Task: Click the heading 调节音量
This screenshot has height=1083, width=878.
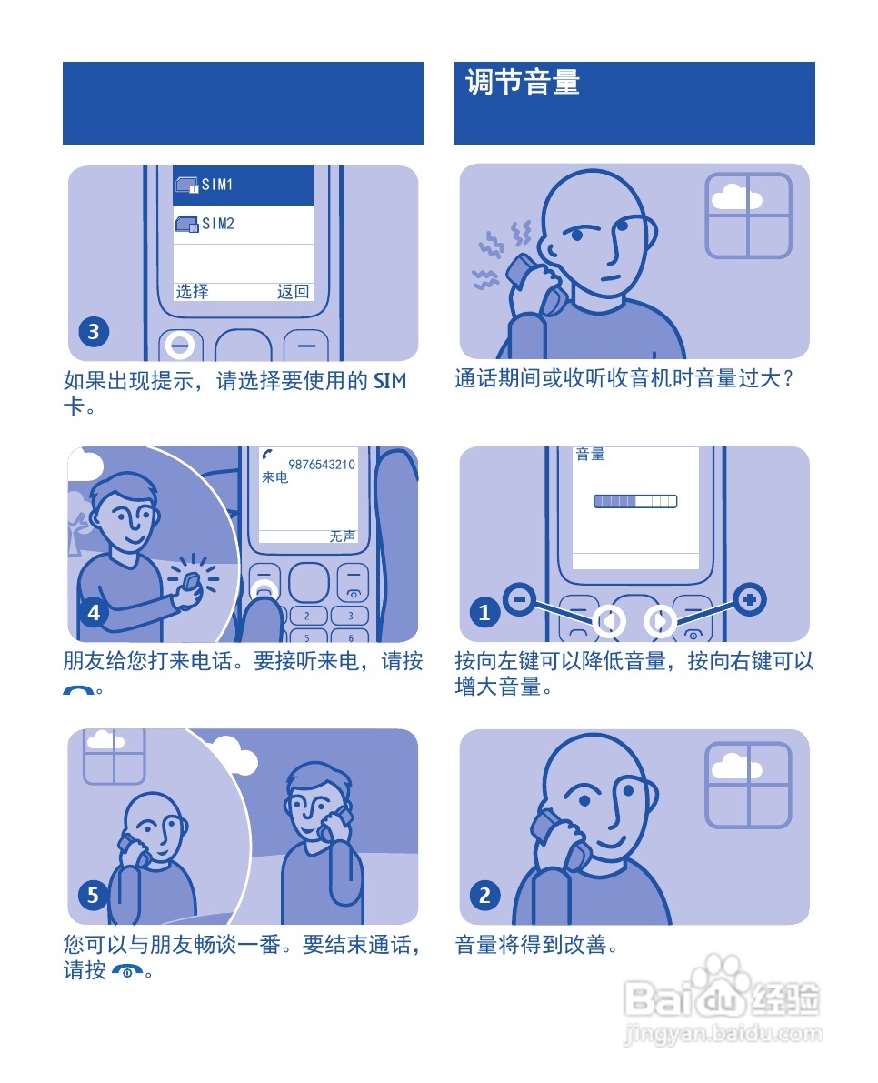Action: (523, 84)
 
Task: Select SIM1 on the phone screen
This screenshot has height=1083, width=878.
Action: (217, 185)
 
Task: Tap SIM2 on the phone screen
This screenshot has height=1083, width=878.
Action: (217, 224)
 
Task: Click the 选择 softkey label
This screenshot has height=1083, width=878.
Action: (192, 292)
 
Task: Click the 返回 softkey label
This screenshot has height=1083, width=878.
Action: (293, 292)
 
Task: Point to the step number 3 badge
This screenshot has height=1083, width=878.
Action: (94, 332)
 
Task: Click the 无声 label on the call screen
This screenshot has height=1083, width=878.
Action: (343, 536)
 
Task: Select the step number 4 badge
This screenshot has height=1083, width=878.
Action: (94, 613)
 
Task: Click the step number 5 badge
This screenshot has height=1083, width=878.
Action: (94, 896)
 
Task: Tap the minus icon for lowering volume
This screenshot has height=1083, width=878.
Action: (518, 599)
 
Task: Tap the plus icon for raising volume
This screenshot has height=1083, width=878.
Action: (750, 599)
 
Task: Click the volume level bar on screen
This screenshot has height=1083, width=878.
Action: (635, 501)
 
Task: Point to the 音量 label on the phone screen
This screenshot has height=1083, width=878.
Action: (591, 454)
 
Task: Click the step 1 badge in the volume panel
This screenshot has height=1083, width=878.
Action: (484, 613)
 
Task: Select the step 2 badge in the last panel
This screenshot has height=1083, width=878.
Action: (484, 896)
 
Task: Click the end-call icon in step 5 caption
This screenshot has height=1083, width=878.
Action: (127, 972)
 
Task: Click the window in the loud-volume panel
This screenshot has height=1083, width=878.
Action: (748, 216)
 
